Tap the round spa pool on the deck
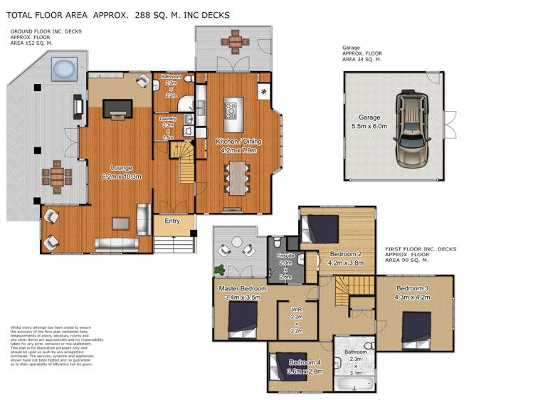tap(63, 70)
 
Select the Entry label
tap(172, 221)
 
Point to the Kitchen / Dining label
tap(238, 142)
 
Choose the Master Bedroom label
tap(243, 288)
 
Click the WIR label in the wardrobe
tap(296, 310)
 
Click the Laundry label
tap(169, 118)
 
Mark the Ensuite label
tap(285, 254)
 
